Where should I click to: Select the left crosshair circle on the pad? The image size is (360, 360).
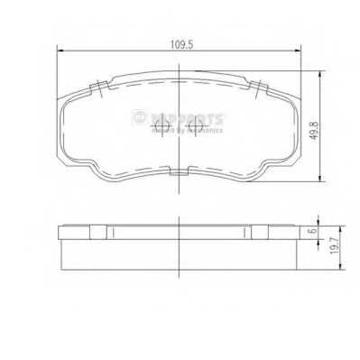tap(154, 127)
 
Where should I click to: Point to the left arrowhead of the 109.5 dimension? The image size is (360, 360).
tap(60, 50)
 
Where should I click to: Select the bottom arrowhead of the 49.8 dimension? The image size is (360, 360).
tap(317, 181)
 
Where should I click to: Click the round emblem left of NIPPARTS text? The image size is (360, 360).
tap(138, 116)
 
